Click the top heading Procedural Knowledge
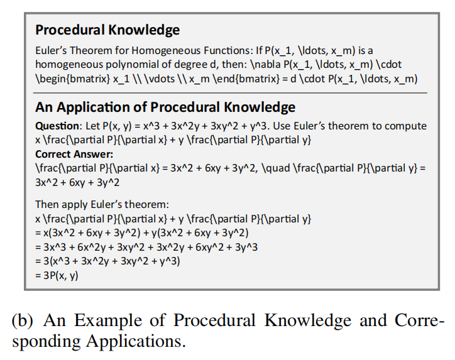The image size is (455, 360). tap(107, 30)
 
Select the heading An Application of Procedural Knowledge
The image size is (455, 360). tap(165, 107)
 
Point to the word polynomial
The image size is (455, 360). tap(127, 65)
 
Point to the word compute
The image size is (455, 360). tap(403, 126)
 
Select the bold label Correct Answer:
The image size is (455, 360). tap(74, 155)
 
